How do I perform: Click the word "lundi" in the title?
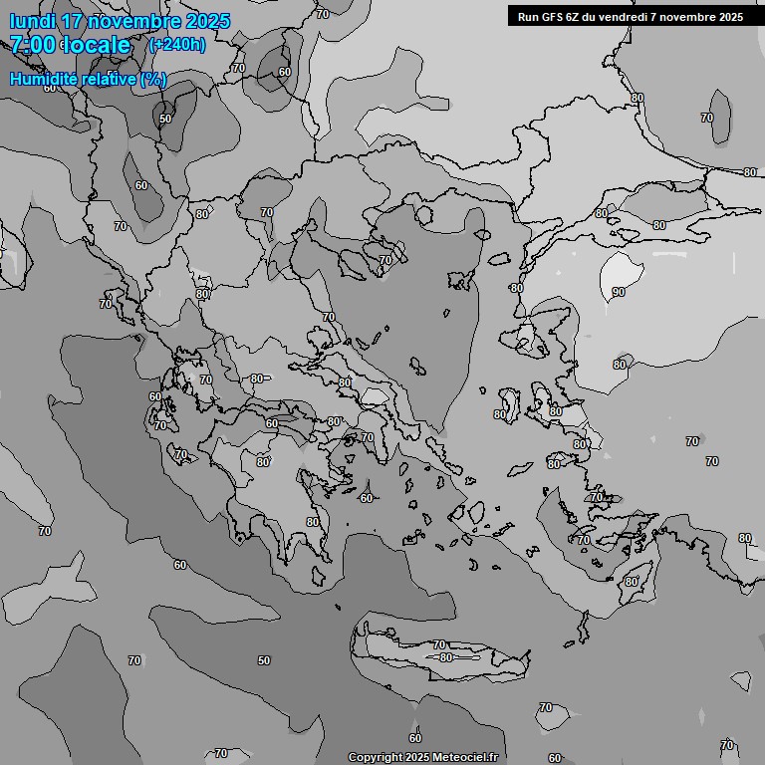[x=33, y=21]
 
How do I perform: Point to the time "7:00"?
[x=31, y=45]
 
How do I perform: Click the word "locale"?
[x=98, y=45]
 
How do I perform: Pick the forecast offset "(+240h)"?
[x=176, y=45]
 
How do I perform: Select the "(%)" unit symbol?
[x=153, y=79]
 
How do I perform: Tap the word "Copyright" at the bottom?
[x=375, y=758]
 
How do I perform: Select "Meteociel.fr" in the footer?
[x=464, y=758]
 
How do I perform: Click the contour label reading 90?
[x=619, y=292]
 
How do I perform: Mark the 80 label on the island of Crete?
[x=445, y=657]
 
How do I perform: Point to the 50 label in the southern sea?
[x=264, y=660]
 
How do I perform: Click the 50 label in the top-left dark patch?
[x=165, y=119]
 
